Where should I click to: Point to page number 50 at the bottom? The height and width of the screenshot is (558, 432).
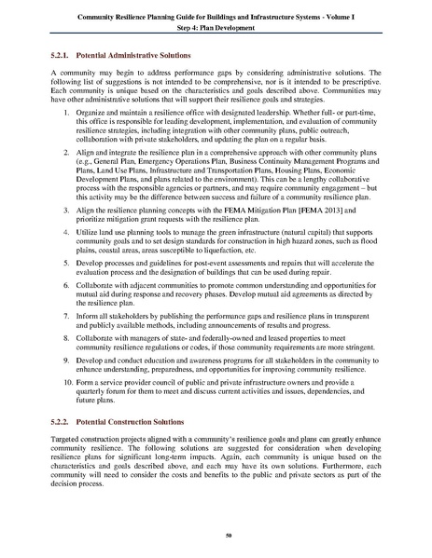(216, 538)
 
